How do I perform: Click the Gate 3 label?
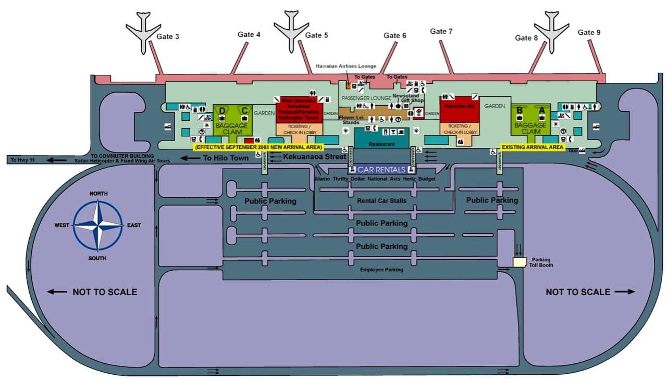click(168, 36)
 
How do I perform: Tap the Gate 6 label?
click(394, 35)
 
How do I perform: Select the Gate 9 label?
click(589, 32)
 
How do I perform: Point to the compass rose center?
click(97, 225)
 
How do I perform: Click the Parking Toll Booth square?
click(520, 262)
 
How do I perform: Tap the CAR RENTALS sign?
click(381, 170)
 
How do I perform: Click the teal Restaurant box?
click(381, 138)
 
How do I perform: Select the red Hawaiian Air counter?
click(459, 110)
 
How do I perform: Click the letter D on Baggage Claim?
click(223, 110)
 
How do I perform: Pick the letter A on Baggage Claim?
click(541, 110)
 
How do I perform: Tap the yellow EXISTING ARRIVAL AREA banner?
click(532, 148)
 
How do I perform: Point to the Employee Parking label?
click(381, 270)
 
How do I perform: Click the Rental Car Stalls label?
click(381, 200)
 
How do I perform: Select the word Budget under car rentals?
click(427, 179)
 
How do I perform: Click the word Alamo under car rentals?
click(323, 179)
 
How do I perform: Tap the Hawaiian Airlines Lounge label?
click(346, 67)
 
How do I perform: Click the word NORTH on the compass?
click(98, 194)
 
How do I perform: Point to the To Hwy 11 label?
click(21, 160)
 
